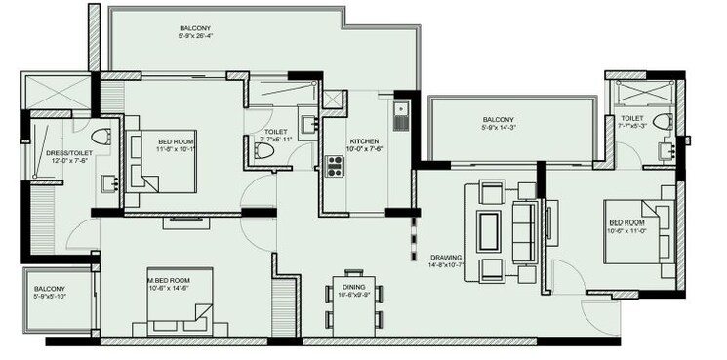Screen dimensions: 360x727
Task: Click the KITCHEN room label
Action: point(364,142)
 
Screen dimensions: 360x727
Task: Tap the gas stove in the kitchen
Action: point(334,167)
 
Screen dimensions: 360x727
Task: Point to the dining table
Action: point(352,300)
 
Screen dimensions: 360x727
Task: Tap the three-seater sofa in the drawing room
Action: point(525,229)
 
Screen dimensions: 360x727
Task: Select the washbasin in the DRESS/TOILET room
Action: point(110,181)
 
